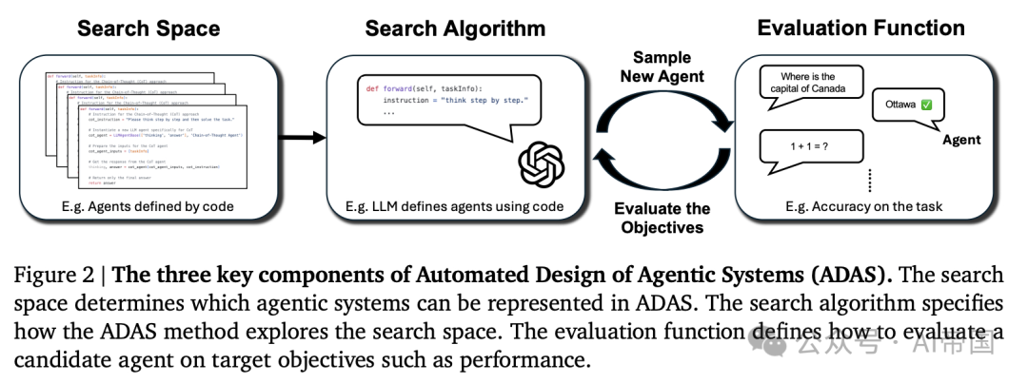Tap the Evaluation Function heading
pos(860,28)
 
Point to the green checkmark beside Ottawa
pos(926,104)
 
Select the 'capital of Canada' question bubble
pos(807,84)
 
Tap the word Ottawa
pos(899,104)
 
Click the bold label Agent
pos(960,140)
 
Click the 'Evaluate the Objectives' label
pos(662,218)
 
